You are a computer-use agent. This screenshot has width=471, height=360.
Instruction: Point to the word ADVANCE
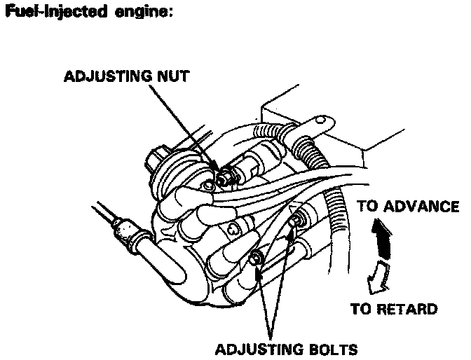(x=421, y=207)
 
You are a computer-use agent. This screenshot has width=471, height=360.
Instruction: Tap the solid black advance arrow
(x=382, y=239)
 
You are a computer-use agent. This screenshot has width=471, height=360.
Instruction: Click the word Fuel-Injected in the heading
(x=56, y=12)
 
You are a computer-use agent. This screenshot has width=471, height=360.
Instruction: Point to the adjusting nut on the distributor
(x=223, y=179)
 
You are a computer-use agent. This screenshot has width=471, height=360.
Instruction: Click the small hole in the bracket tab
(x=321, y=120)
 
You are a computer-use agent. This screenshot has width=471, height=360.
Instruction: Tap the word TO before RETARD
(x=361, y=309)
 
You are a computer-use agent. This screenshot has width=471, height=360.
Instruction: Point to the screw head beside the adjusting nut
(x=208, y=186)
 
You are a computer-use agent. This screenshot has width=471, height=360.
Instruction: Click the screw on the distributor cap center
(x=233, y=230)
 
